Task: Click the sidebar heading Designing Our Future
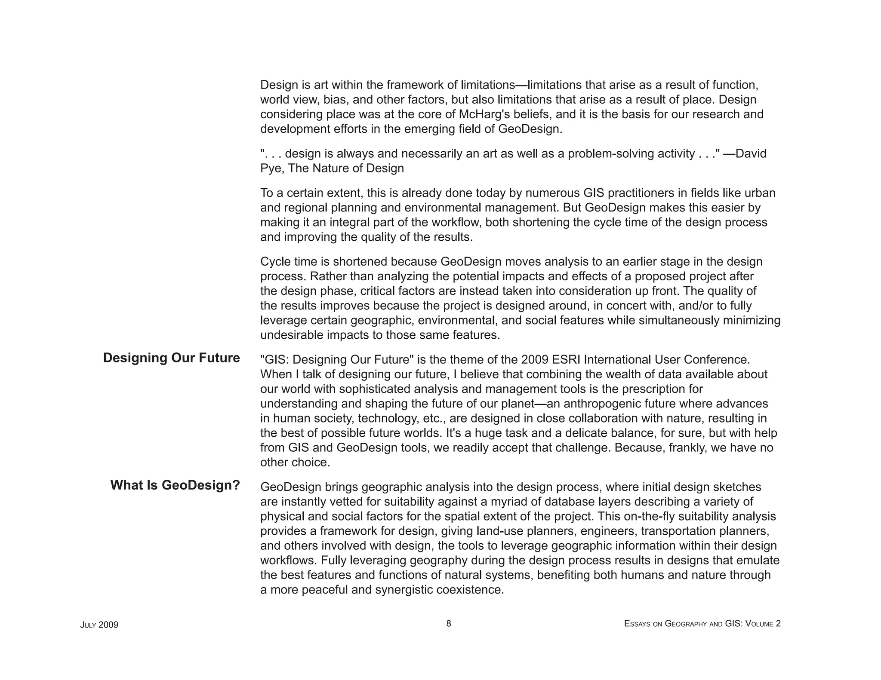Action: (171, 358)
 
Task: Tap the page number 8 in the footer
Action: (448, 623)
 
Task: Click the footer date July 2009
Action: (99, 625)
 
